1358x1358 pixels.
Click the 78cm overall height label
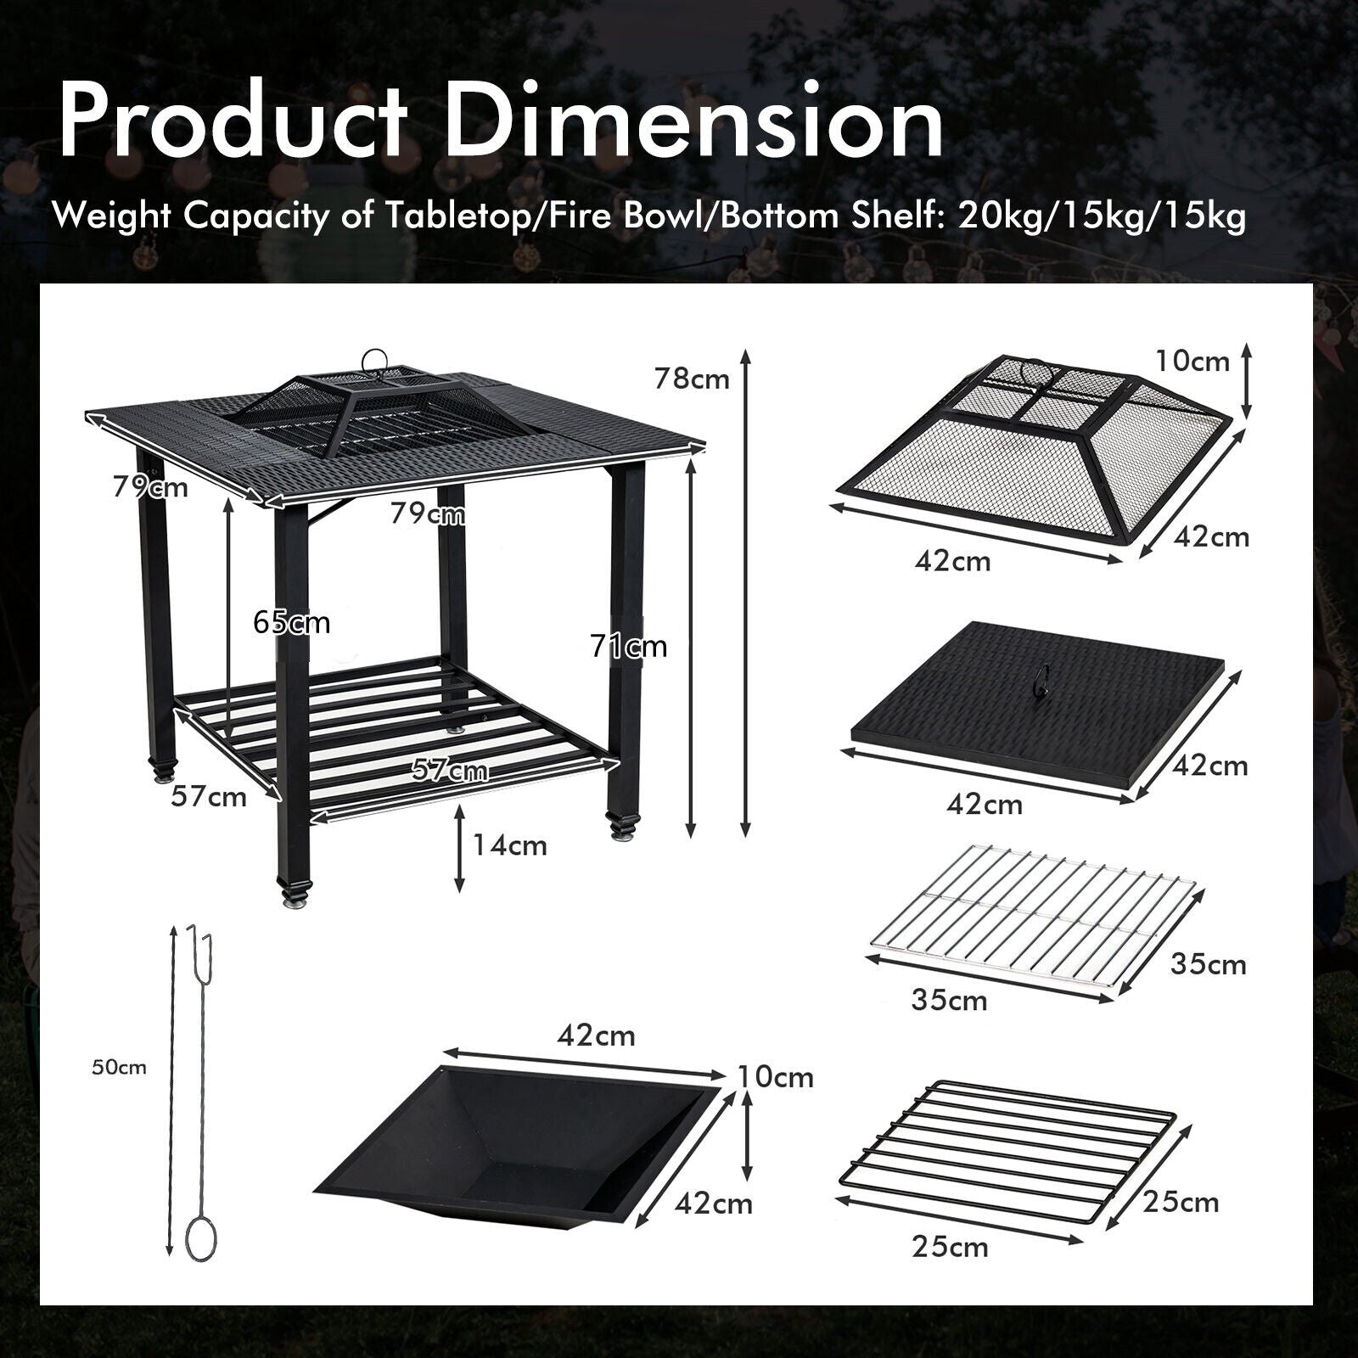point(692,379)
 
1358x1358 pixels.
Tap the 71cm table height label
point(629,647)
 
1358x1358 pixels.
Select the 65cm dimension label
point(291,623)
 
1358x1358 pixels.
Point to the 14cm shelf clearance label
point(509,845)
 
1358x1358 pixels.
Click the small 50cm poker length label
point(120,1068)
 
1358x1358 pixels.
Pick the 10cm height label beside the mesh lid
point(1192,361)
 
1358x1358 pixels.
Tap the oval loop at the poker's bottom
point(201,1238)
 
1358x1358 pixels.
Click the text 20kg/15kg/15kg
point(1103,217)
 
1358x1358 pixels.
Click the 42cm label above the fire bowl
point(596,1035)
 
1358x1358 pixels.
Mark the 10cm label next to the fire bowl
point(776,1077)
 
